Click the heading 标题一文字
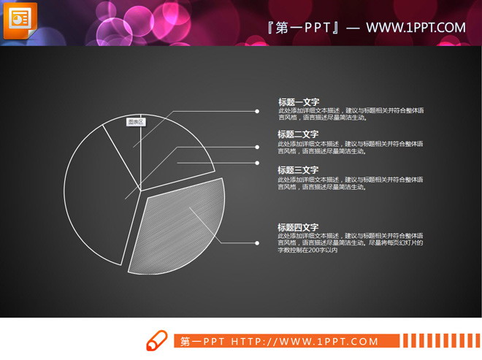298,102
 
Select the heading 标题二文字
298,134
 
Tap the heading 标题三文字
298,170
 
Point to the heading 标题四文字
298,226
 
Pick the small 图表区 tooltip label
136,122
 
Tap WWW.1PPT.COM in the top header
416,28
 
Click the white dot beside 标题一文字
257,112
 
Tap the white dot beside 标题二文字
257,145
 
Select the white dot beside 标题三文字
257,163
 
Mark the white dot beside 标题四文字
257,242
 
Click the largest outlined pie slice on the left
91,197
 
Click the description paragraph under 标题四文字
349,243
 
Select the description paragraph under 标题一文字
349,114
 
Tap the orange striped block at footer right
439,341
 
